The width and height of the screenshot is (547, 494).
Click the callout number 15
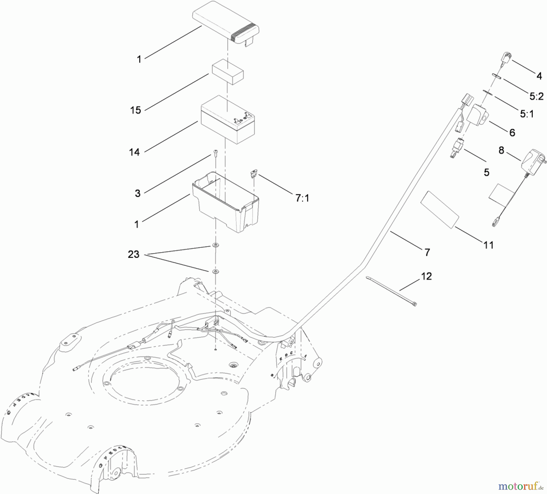[x=136, y=110]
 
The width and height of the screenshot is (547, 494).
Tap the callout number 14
[x=134, y=152]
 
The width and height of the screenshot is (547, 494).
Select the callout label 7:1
[x=302, y=198]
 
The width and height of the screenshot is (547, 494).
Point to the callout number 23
[x=133, y=254]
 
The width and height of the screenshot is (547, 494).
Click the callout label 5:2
[x=536, y=96]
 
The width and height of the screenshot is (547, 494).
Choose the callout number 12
[x=426, y=276]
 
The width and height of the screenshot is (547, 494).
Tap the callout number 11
[x=488, y=245]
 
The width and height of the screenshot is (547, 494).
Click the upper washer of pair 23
[x=216, y=245]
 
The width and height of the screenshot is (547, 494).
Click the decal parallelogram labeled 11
[x=440, y=209]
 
